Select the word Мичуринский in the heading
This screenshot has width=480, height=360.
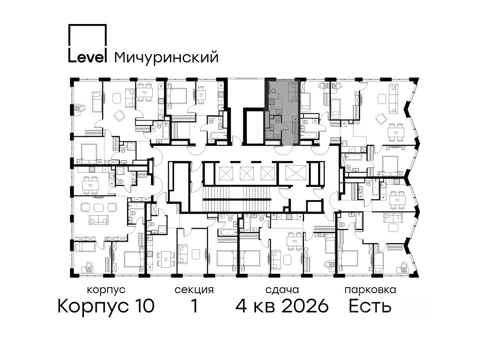166,58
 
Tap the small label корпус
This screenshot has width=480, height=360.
106,290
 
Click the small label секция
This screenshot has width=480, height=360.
194,290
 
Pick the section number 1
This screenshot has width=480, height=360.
194,306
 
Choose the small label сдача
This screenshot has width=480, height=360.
282,290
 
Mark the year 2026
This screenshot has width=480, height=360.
305,306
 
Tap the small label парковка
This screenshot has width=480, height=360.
370,290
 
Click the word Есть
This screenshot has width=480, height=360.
370,306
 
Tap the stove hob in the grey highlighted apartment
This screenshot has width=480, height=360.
271,102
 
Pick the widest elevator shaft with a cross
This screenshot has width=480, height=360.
296,173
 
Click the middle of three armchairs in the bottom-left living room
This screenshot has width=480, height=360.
98,207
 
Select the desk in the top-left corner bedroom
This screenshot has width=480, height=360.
78,108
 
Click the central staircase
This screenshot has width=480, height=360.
237,198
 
